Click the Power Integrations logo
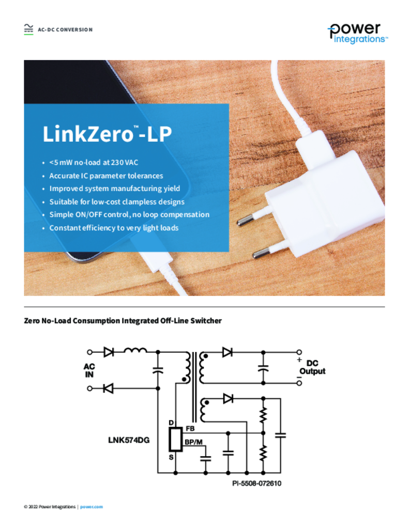tap(358, 34)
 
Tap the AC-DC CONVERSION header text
tap(65, 29)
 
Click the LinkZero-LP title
tap(107, 134)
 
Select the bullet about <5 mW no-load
tap(94, 162)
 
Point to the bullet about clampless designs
tap(117, 202)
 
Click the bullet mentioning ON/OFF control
tap(129, 214)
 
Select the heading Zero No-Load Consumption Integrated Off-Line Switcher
tap(123, 320)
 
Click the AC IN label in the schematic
tap(89, 370)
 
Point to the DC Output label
tap(312, 367)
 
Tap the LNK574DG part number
tap(129, 440)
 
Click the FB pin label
tap(190, 428)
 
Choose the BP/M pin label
tap(193, 442)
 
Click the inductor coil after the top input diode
tap(135, 351)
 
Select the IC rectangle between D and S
tap(176, 439)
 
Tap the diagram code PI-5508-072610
tap(256, 484)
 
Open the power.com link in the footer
tap(92, 507)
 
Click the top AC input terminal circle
tap(89, 352)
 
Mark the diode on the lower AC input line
tap(108, 388)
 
